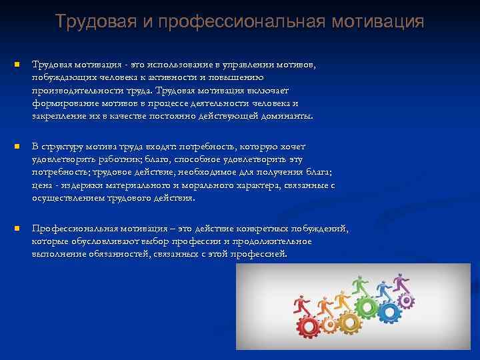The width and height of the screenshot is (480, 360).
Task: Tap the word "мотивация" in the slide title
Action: tap(383, 21)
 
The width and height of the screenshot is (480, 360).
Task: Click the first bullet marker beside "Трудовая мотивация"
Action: tap(17, 65)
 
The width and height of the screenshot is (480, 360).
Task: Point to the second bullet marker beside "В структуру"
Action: tap(17, 145)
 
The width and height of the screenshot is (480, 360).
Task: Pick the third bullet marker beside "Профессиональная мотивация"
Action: tap(17, 229)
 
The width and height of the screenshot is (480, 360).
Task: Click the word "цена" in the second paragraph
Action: tap(41, 185)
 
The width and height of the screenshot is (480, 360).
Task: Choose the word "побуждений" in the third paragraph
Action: tap(319, 229)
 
